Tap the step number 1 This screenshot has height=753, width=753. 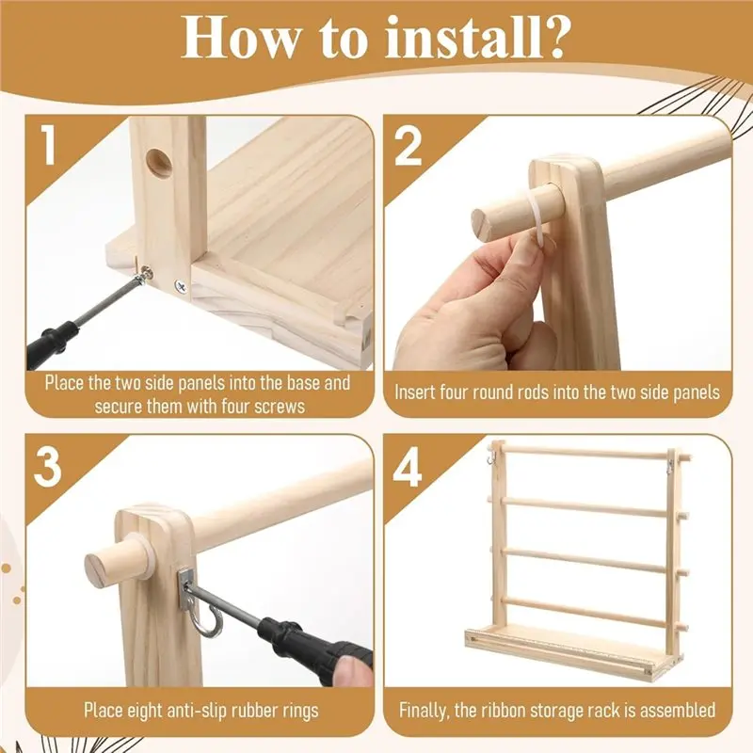(49, 144)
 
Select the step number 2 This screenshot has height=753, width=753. (408, 146)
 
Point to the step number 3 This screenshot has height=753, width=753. (48, 466)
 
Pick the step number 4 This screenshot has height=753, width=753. (408, 466)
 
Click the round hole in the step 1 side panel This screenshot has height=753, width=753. (159, 163)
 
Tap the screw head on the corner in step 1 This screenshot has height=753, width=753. (181, 287)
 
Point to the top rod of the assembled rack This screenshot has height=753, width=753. (585, 452)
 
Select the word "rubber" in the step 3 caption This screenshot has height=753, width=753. (239, 711)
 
